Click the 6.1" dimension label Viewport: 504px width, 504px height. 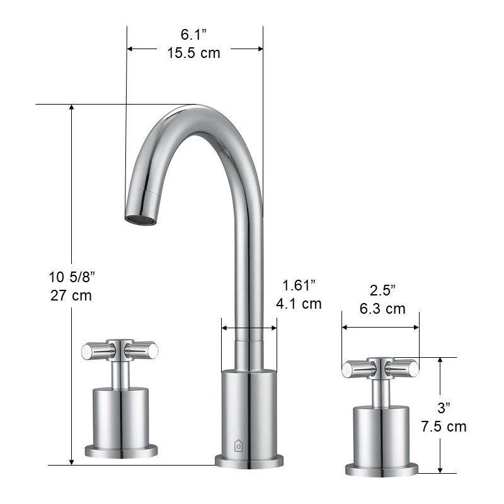coord(193,35)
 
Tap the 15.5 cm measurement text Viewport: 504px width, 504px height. coord(193,53)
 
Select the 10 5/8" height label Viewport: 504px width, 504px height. coord(72,277)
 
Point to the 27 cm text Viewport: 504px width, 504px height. coord(71,295)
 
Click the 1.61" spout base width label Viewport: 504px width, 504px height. coord(299,285)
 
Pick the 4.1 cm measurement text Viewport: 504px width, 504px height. coord(299,304)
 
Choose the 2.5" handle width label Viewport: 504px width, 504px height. coord(382,290)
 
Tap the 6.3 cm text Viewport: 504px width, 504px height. coord(382,309)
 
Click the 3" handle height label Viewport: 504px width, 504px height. coord(444,408)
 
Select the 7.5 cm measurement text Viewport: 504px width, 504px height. coord(444,427)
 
